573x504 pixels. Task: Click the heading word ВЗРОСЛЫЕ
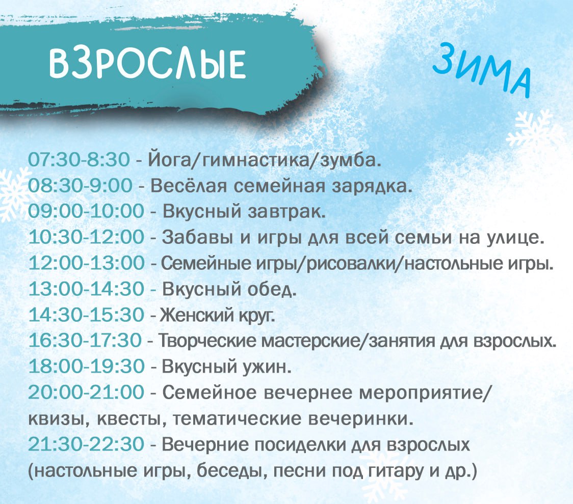coord(147,64)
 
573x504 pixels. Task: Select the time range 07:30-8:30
coord(79,160)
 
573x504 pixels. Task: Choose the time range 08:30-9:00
coord(81,185)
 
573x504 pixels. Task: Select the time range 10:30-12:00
coord(87,237)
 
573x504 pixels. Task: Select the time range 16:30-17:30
coord(85,340)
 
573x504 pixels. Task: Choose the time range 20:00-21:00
coord(86,393)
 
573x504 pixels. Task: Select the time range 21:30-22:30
coord(86,444)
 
